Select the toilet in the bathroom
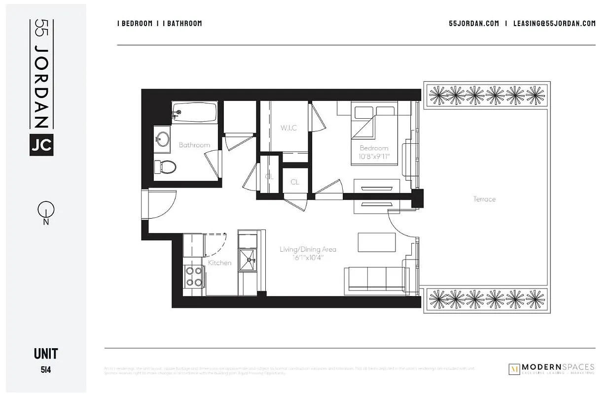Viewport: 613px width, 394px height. click(x=166, y=167)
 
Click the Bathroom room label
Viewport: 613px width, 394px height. click(x=194, y=145)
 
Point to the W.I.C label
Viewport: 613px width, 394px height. click(x=288, y=128)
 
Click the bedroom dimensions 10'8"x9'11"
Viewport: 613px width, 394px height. click(x=374, y=157)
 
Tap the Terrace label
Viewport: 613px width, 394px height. click(x=484, y=199)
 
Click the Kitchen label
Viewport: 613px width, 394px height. click(x=219, y=263)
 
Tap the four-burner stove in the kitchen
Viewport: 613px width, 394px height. click(x=194, y=276)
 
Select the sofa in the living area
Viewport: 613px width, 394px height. click(x=377, y=279)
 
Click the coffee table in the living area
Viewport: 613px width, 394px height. click(x=377, y=242)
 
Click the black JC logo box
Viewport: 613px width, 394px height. click(x=41, y=145)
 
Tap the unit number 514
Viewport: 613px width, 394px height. click(x=46, y=368)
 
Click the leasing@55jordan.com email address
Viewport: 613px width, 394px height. click(x=554, y=23)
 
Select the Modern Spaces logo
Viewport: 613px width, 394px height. click(x=551, y=369)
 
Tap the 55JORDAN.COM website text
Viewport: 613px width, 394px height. click(x=474, y=23)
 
